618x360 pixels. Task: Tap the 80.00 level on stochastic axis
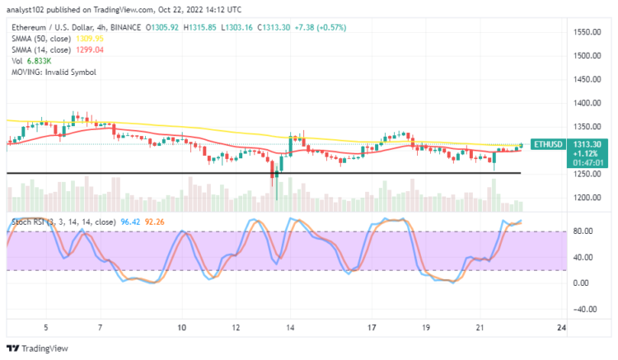click(x=583, y=231)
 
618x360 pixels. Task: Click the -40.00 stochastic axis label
click(x=583, y=310)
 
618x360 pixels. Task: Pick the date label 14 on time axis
click(x=291, y=327)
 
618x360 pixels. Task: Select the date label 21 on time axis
click(x=480, y=327)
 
